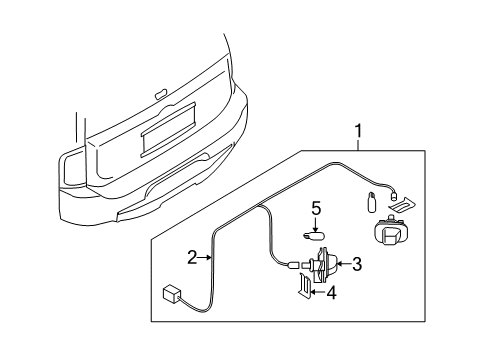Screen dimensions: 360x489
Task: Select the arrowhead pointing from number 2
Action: (x=210, y=258)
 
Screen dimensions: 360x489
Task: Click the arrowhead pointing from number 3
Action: (x=340, y=265)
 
